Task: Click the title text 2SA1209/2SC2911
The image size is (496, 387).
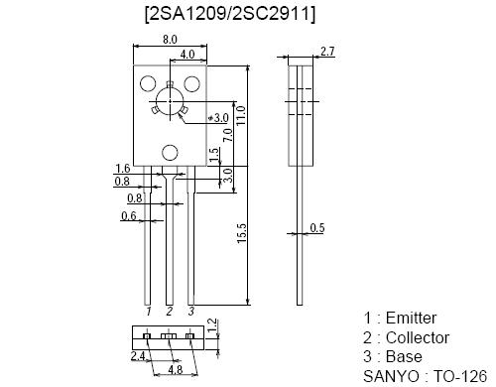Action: point(230,14)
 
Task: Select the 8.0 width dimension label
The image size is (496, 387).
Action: point(170,40)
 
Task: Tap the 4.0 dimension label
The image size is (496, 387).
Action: point(186,55)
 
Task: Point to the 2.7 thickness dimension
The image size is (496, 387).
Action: point(327,52)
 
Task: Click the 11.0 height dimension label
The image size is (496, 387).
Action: point(241,115)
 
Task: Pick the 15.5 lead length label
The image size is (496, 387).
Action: point(242,233)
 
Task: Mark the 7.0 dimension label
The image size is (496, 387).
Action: point(228,135)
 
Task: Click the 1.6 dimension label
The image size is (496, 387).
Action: point(122,169)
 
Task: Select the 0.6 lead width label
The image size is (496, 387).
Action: point(129,216)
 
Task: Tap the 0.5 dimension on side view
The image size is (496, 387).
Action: point(317,228)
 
